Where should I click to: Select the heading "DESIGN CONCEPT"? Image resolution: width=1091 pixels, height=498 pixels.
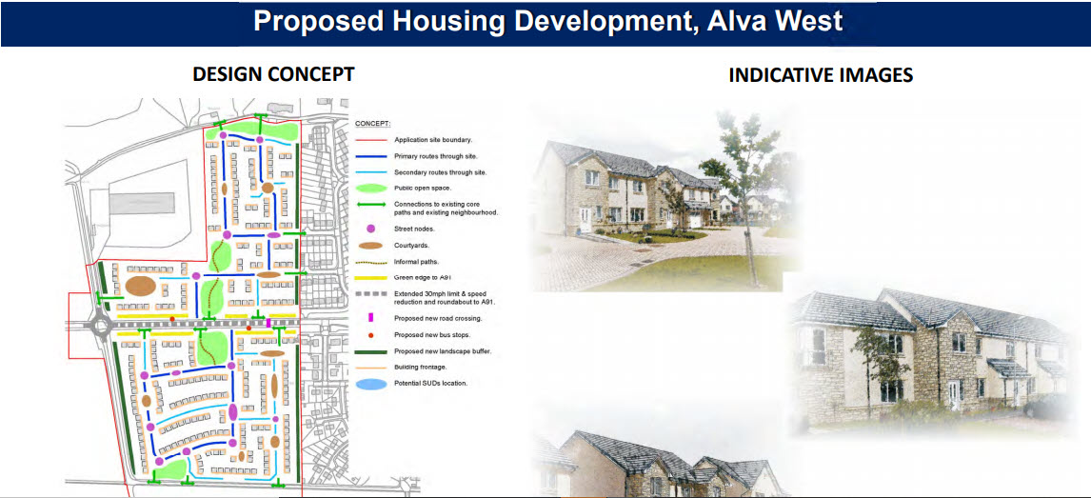click(x=273, y=74)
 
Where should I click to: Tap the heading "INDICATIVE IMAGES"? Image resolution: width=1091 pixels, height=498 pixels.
click(x=821, y=75)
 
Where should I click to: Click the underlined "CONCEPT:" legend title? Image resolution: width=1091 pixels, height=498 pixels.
click(x=373, y=124)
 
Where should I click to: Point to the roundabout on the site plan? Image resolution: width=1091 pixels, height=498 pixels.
click(x=101, y=325)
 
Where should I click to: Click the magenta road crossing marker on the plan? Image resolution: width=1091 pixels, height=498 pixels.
click(x=268, y=323)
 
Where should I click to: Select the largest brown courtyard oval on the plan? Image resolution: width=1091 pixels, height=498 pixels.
click(x=140, y=286)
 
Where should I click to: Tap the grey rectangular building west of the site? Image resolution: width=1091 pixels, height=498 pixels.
click(x=141, y=203)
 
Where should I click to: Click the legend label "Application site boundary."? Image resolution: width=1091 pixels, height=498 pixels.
click(x=433, y=140)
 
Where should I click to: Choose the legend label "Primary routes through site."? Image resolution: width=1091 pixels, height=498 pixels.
click(x=436, y=156)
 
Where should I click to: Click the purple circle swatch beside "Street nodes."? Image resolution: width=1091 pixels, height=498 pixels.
click(x=370, y=229)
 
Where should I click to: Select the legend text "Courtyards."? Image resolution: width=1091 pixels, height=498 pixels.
click(x=410, y=245)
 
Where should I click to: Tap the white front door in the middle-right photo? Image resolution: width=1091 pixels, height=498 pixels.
click(x=953, y=394)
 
